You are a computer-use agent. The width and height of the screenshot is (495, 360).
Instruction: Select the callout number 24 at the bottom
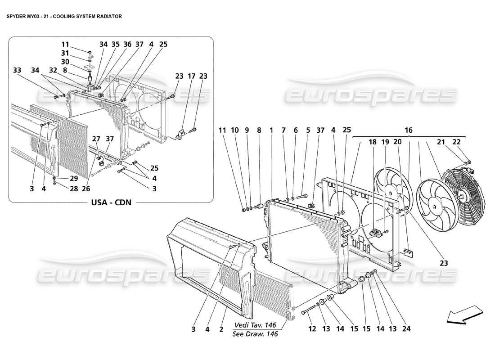[x=406, y=329]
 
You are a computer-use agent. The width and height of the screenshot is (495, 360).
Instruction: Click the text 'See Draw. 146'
[x=255, y=333]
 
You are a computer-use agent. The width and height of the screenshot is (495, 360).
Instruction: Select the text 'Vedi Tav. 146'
[x=255, y=325]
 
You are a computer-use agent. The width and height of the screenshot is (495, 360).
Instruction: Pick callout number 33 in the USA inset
[x=17, y=70]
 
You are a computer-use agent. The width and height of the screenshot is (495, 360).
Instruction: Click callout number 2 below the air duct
[x=221, y=329]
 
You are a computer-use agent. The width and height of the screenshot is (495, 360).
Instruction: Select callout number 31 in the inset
[x=65, y=53]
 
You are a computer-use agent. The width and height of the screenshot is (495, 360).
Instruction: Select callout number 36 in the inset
[x=127, y=44]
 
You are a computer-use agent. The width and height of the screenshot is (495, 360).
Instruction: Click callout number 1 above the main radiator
[x=272, y=130]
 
